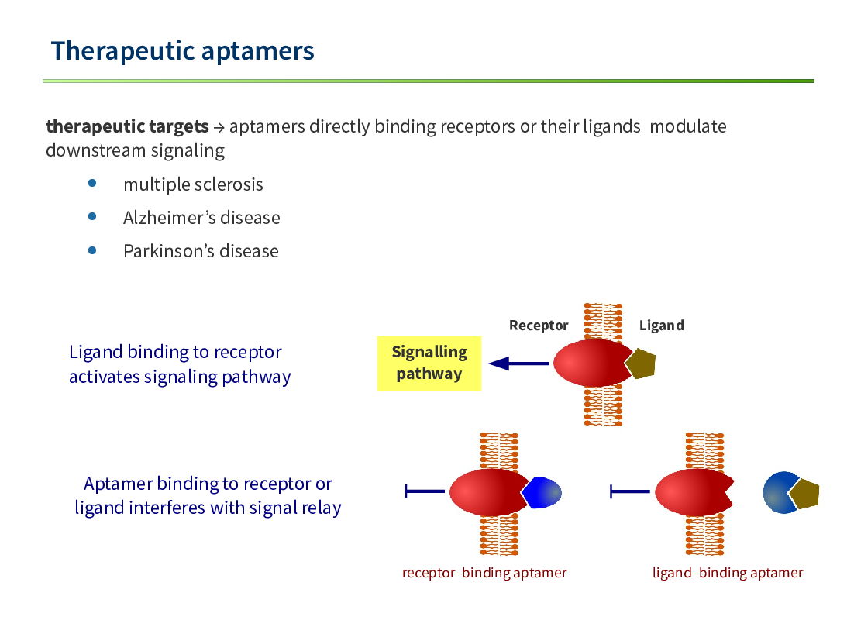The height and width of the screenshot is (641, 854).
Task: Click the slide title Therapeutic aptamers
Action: pyautogui.click(x=182, y=51)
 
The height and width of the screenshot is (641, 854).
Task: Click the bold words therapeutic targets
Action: pyautogui.click(x=127, y=126)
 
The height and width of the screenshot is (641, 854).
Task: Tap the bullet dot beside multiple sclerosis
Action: pyautogui.click(x=92, y=184)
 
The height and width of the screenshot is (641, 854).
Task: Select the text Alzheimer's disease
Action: pyautogui.click(x=201, y=218)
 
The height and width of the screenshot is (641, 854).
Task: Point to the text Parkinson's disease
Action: pyautogui.click(x=201, y=251)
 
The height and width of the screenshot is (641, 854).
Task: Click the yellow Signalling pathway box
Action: pyautogui.click(x=429, y=364)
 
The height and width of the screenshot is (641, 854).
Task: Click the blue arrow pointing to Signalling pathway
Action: pyautogui.click(x=519, y=364)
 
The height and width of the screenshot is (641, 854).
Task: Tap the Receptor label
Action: pyautogui.click(x=539, y=326)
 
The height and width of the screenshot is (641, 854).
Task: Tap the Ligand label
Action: pyautogui.click(x=662, y=326)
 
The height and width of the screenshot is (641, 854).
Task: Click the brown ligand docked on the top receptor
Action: pyautogui.click(x=642, y=364)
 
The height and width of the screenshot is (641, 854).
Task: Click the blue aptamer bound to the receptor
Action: pyautogui.click(x=542, y=493)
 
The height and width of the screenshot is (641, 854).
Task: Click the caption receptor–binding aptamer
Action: pyautogui.click(x=484, y=573)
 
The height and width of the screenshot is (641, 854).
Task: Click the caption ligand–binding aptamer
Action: pyautogui.click(x=728, y=573)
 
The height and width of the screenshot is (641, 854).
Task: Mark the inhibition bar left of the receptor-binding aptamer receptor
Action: pyautogui.click(x=425, y=491)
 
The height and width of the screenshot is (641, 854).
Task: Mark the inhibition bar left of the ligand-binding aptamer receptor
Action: pyautogui.click(x=630, y=491)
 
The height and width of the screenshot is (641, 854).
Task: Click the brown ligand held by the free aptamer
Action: pyautogui.click(x=805, y=495)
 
